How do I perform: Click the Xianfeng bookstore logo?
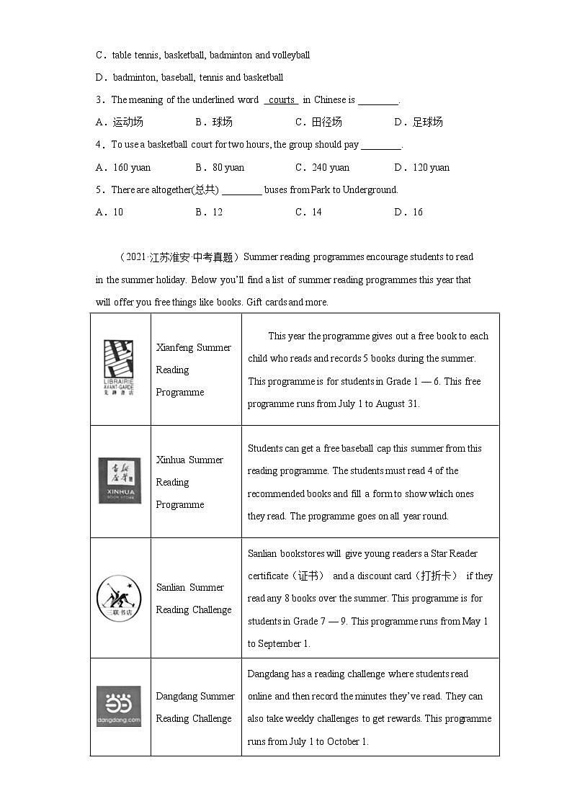point(120,369)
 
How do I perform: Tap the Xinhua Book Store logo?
point(120,481)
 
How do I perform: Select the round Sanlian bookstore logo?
point(120,597)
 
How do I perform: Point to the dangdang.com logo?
point(120,706)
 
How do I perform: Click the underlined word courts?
point(281,100)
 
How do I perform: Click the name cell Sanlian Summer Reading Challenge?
point(194,598)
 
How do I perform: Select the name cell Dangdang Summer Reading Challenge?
point(195,707)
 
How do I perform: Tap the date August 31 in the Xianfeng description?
point(395,403)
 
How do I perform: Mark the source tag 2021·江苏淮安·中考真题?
point(179,257)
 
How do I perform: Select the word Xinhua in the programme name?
point(171,460)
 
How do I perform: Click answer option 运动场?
point(120,122)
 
